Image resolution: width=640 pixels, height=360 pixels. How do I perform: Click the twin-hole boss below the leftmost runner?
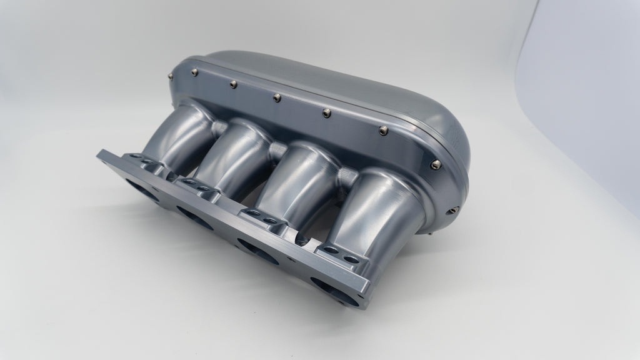[x=147, y=163]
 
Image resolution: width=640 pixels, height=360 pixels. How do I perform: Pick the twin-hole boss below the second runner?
[x=200, y=187]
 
